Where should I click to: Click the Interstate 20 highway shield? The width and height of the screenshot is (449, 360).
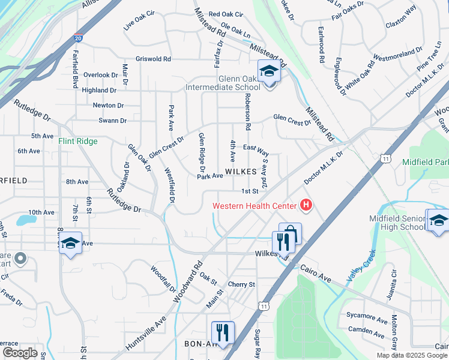click(79, 38)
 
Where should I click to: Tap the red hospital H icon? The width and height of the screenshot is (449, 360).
click(307, 206)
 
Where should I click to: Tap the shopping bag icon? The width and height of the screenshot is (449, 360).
click(291, 233)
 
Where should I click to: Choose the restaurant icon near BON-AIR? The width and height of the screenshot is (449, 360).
click(223, 332)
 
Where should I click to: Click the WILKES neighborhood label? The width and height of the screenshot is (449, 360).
click(241, 172)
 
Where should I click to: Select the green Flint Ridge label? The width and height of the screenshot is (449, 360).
click(77, 142)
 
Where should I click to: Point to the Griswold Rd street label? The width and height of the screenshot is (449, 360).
click(154, 59)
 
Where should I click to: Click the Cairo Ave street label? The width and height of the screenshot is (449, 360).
click(316, 274)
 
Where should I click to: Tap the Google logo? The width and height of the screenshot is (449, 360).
click(20, 353)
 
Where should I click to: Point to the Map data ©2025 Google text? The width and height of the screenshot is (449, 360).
click(412, 355)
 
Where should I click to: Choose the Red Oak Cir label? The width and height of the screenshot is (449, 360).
click(226, 14)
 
